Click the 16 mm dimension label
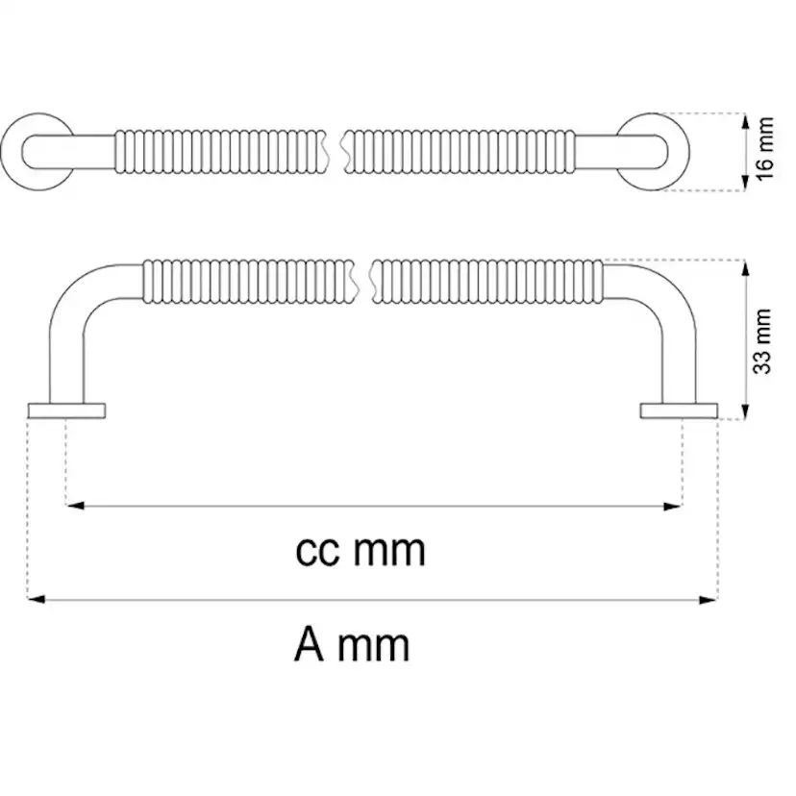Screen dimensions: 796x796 point(764,148)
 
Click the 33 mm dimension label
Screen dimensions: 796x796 point(762,341)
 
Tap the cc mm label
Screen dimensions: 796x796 point(361,551)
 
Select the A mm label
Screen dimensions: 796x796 point(352,645)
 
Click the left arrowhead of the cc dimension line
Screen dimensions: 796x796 point(75,506)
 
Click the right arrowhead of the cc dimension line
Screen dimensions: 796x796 point(672,506)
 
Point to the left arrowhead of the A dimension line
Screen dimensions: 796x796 point(37,600)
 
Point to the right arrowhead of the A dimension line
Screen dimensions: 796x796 point(709,600)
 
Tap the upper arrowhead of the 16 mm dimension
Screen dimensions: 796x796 point(745,122)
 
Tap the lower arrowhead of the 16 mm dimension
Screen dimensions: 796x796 point(745,183)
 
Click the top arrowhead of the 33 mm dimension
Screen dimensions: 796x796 point(745,268)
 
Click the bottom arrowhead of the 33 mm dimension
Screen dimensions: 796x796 point(745,410)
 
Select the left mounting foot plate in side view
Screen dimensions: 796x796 point(67,410)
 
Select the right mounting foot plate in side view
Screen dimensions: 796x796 point(679,410)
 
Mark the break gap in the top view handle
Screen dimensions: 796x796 point(336,152)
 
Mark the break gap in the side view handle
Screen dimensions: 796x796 point(362,282)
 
